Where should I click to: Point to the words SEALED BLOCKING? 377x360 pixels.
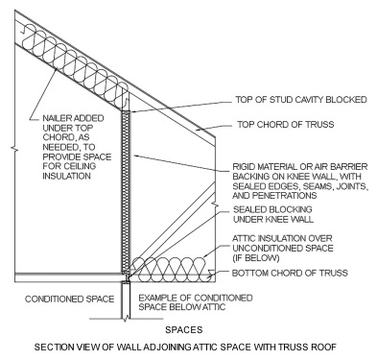pyautogui.click(x=262, y=208)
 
